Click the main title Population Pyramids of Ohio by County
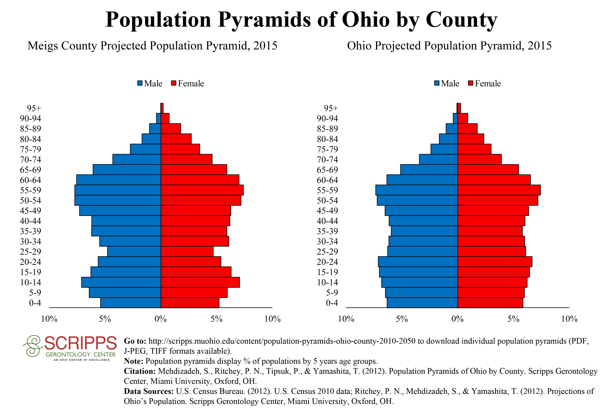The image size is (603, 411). click(x=301, y=20)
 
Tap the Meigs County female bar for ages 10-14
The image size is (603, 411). click(x=200, y=282)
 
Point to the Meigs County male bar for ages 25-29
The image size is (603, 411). click(x=134, y=252)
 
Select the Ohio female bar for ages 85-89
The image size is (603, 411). click(x=467, y=129)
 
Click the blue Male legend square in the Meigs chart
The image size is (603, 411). click(x=140, y=83)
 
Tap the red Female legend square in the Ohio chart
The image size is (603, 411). click(x=471, y=83)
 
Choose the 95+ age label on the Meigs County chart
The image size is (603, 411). click(x=34, y=108)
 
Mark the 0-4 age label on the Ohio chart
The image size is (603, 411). click(x=332, y=303)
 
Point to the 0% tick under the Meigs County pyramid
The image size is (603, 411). click(x=161, y=319)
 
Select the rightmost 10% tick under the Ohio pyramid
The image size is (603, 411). click(x=569, y=319)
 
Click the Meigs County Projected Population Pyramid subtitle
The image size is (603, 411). click(x=152, y=46)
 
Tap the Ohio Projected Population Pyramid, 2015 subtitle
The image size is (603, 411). click(x=449, y=46)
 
